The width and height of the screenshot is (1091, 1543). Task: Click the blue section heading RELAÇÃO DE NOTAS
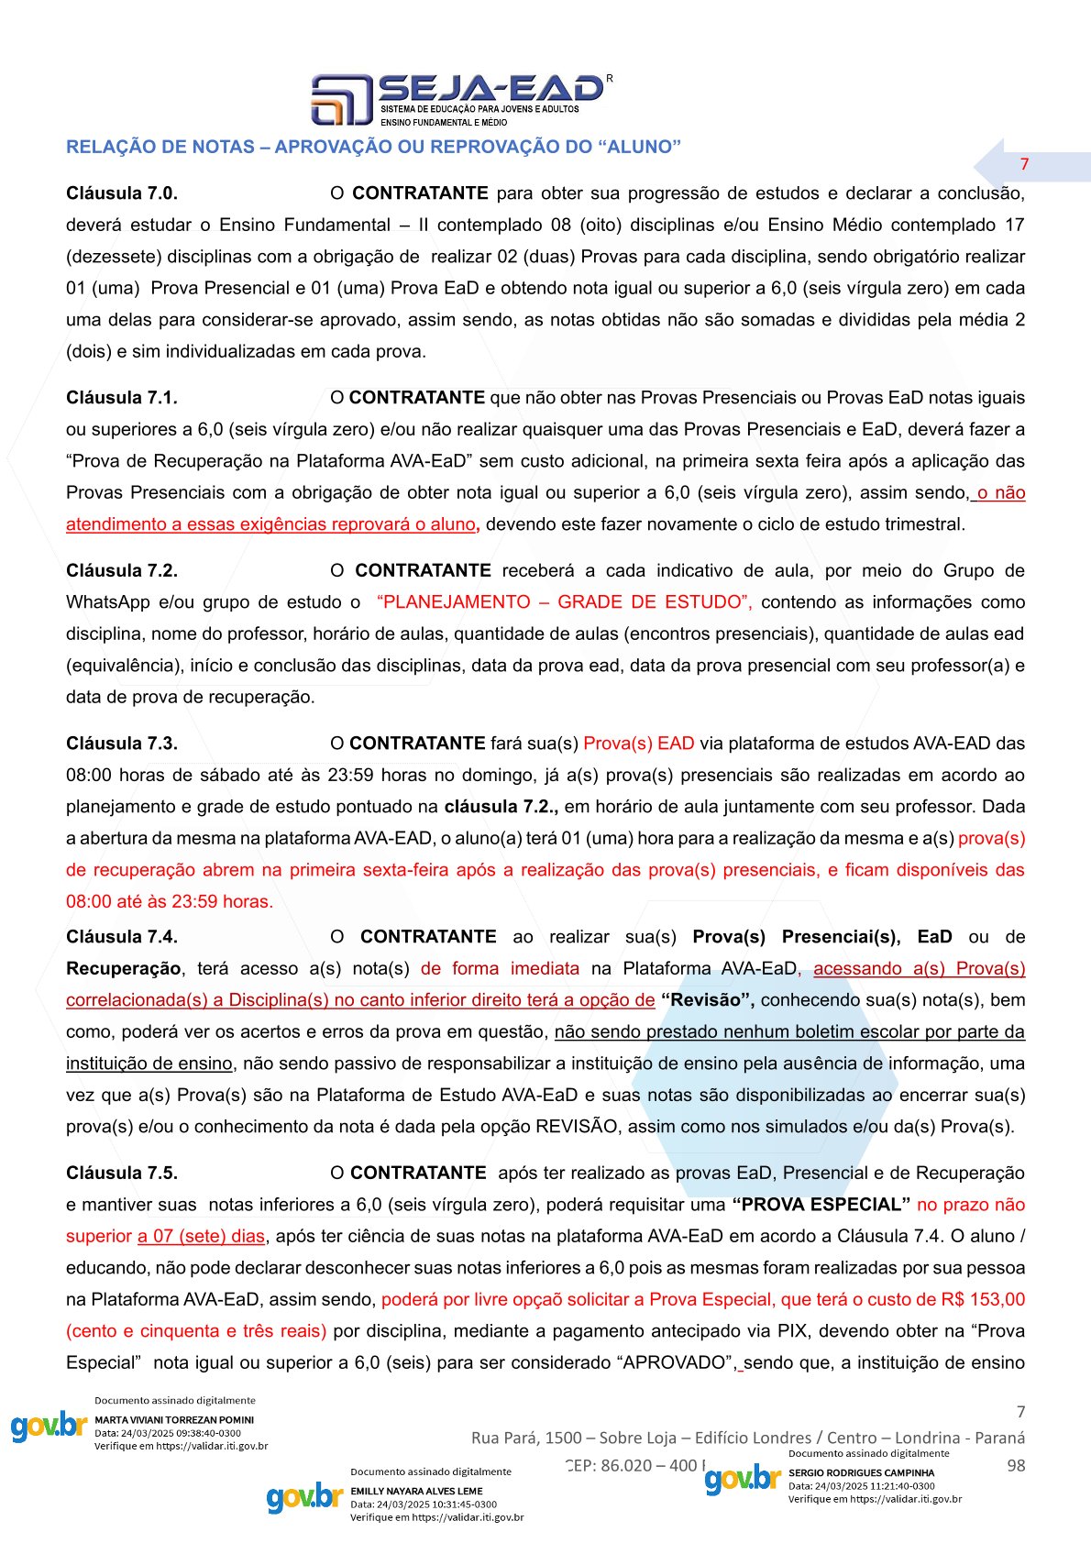(373, 147)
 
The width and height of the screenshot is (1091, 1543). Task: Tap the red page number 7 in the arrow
(1024, 164)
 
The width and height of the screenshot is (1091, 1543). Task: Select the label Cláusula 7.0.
(122, 193)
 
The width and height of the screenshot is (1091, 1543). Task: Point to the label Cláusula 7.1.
(122, 398)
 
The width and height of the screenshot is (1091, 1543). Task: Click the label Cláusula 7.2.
(122, 570)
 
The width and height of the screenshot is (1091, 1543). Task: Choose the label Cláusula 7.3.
(122, 744)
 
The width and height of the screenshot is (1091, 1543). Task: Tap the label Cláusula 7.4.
(122, 937)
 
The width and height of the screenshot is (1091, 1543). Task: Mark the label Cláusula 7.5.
(122, 1174)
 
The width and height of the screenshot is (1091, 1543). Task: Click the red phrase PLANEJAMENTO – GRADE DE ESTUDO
(564, 602)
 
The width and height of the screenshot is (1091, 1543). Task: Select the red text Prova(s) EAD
(638, 744)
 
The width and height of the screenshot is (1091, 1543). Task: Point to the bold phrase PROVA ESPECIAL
(821, 1205)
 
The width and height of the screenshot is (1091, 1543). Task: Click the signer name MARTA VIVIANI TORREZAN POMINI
(174, 1420)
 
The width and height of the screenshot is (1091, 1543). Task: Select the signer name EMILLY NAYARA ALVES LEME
(416, 1492)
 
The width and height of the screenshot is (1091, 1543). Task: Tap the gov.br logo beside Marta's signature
(49, 1427)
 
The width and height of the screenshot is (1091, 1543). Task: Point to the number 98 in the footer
(1016, 1466)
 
